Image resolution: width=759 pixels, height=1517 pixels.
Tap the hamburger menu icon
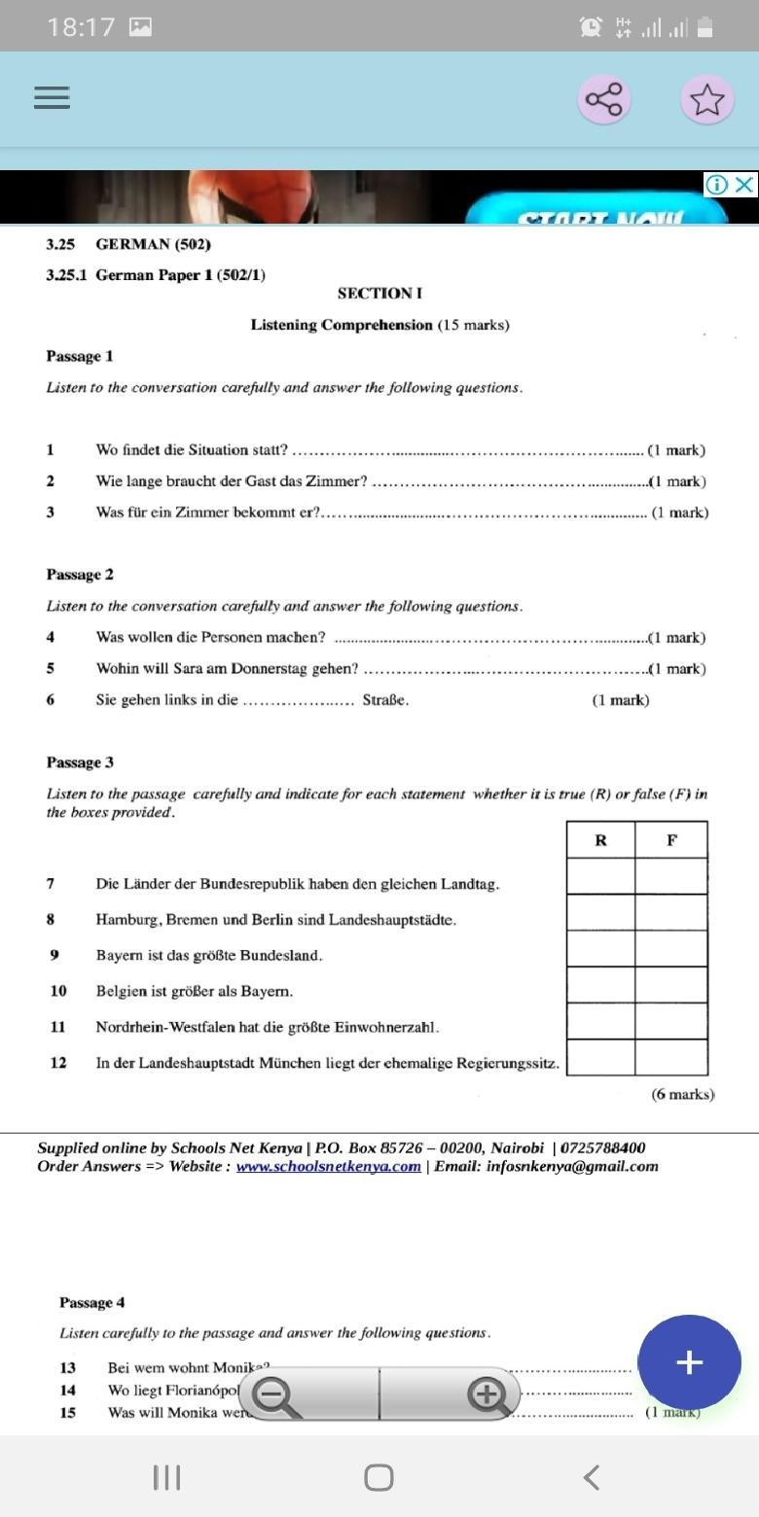tap(52, 97)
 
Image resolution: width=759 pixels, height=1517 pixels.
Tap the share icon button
tap(603, 99)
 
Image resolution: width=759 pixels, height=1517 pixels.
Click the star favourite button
tap(706, 99)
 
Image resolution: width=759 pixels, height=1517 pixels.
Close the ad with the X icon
tap(744, 185)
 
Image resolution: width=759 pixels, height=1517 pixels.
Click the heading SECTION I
tap(379, 294)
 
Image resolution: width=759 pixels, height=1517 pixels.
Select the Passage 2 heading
tap(80, 575)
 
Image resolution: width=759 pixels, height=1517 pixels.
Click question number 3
tap(51, 512)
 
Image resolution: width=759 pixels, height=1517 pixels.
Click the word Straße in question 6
tap(385, 700)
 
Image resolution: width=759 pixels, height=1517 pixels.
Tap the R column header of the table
tap(600, 840)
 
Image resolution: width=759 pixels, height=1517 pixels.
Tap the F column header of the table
tap(671, 840)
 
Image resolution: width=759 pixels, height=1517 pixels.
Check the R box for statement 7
tap(600, 876)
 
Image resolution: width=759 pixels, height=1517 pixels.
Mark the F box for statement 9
tap(671, 948)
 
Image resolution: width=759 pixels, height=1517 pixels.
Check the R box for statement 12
tap(600, 1057)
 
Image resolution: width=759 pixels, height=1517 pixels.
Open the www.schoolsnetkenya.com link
tap(329, 1167)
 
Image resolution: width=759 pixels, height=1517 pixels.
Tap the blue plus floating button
tap(689, 1362)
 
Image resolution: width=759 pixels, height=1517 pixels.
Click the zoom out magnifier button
tap(276, 1396)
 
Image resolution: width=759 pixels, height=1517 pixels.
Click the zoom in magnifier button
tap(485, 1396)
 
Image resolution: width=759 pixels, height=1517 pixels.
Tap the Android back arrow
tap(591, 1477)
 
